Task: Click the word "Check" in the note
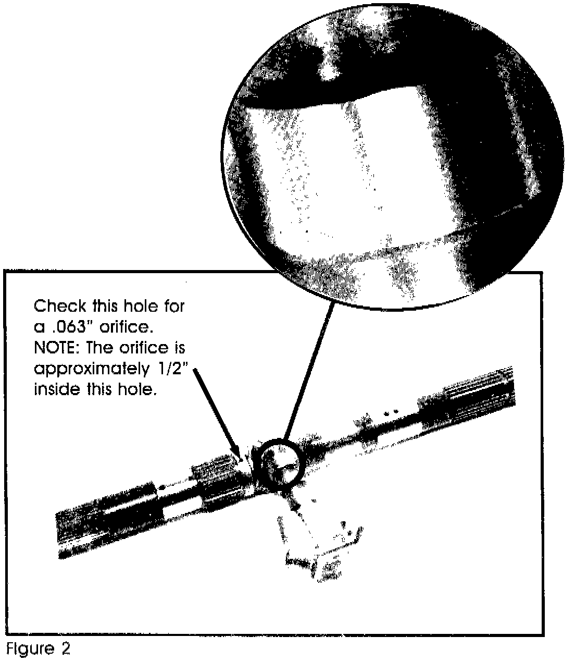[x=60, y=306]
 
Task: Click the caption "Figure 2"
[x=38, y=648]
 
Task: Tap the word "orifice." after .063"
[x=126, y=327]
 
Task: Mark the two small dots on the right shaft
[x=391, y=412]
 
